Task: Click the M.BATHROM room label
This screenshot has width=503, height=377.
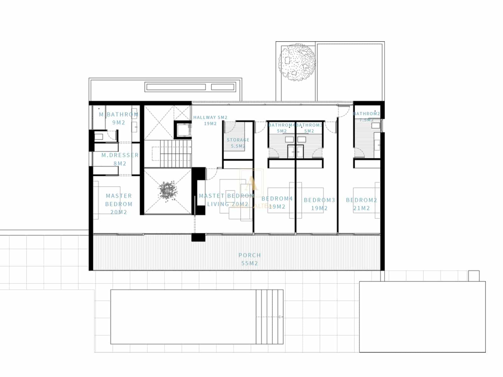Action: coord(119,115)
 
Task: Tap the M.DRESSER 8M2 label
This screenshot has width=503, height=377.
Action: coord(120,159)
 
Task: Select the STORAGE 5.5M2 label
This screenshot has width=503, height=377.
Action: coord(238,143)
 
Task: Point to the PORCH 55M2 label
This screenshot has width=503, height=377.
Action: coord(250,259)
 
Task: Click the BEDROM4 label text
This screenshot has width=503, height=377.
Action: coord(277,199)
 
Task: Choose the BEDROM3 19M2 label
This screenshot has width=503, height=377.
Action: coord(319,204)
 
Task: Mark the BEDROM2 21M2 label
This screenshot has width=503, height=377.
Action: coord(362,204)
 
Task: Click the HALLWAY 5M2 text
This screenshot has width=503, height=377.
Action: coord(210,117)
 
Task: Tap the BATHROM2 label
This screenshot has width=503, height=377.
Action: coord(366,114)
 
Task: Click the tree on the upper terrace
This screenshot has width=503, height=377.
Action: coord(297,62)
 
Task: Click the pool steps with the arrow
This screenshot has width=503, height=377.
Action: coord(269,317)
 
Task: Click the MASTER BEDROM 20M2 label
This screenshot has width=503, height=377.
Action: coord(119,204)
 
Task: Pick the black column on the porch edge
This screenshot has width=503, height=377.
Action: coord(198,237)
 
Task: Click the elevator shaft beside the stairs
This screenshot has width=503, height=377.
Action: coord(183,129)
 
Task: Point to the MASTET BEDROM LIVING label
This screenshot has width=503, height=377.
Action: coord(227,200)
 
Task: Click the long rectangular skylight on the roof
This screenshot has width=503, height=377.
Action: coord(175,87)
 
